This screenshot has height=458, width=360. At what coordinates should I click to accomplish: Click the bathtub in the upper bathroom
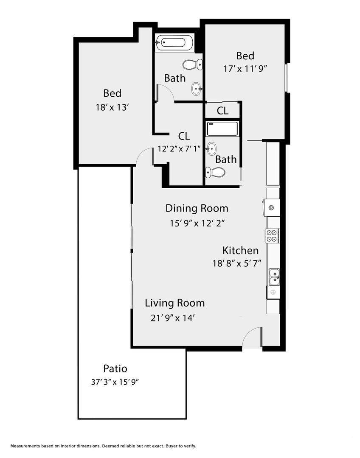click(174, 43)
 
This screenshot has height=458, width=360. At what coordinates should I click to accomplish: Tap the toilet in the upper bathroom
click(192, 64)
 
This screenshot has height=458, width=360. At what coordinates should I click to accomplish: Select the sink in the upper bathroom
click(197, 89)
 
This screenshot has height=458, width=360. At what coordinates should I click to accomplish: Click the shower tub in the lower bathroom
click(222, 128)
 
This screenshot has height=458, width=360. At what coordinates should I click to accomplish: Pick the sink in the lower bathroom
click(211, 149)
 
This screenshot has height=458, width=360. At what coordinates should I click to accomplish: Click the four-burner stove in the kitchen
click(272, 236)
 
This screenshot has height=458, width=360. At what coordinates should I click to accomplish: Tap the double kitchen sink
click(274, 277)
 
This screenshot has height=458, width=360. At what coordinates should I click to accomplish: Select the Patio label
click(115, 369)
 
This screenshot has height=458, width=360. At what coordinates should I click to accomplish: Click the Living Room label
click(174, 303)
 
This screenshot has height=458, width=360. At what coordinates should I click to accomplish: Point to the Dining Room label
click(197, 208)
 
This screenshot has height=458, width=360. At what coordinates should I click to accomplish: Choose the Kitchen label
click(240, 251)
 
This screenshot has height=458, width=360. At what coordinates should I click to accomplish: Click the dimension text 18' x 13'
click(112, 107)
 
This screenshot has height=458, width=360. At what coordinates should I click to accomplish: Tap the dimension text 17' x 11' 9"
click(245, 69)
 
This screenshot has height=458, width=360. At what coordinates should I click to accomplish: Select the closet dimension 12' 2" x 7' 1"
click(179, 149)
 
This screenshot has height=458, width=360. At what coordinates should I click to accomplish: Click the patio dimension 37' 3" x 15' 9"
click(115, 382)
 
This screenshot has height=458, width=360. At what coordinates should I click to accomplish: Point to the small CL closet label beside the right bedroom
click(222, 111)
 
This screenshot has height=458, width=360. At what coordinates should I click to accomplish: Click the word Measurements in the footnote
click(25, 446)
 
